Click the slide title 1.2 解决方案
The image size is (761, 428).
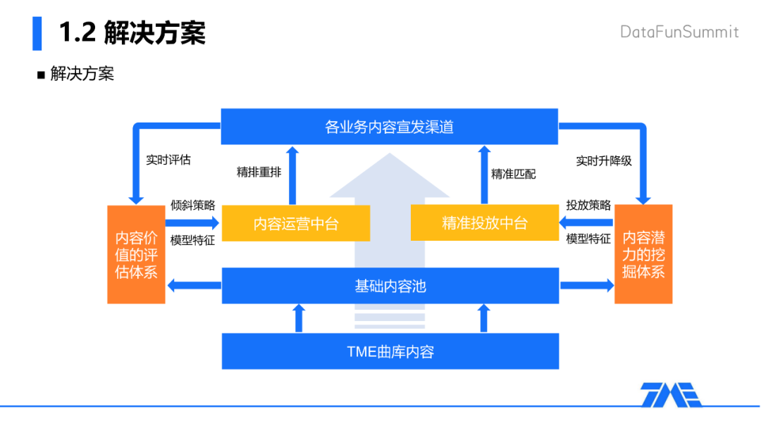[x=132, y=33]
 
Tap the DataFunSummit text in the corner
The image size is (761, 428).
[x=679, y=32]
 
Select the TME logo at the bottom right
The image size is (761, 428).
[x=671, y=394]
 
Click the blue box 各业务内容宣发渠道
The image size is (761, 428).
[x=390, y=127]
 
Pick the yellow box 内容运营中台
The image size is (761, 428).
[x=296, y=224]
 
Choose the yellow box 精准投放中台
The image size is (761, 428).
[x=484, y=223]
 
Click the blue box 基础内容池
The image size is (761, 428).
[x=390, y=286]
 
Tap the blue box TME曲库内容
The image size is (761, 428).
[x=390, y=351]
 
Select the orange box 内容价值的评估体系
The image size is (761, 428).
[x=136, y=254]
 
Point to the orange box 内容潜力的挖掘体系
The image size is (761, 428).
[x=643, y=254]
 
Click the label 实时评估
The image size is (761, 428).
[x=168, y=160]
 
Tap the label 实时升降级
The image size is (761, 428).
[x=604, y=160]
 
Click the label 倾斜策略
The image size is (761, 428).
[x=192, y=205]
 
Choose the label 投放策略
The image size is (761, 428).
[x=588, y=205]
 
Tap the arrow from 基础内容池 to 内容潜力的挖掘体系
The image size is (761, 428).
[x=586, y=285]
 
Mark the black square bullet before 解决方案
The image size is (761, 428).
[x=41, y=75]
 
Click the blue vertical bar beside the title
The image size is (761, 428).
[x=37, y=32]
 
